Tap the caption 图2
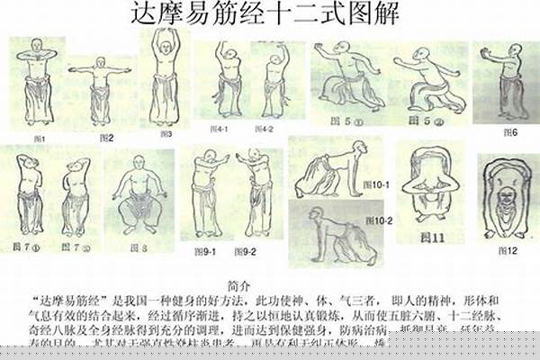click(106, 138)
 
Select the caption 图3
click(166, 134)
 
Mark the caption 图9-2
click(246, 251)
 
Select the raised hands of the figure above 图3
click(166, 33)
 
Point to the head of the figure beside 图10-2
click(317, 215)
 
